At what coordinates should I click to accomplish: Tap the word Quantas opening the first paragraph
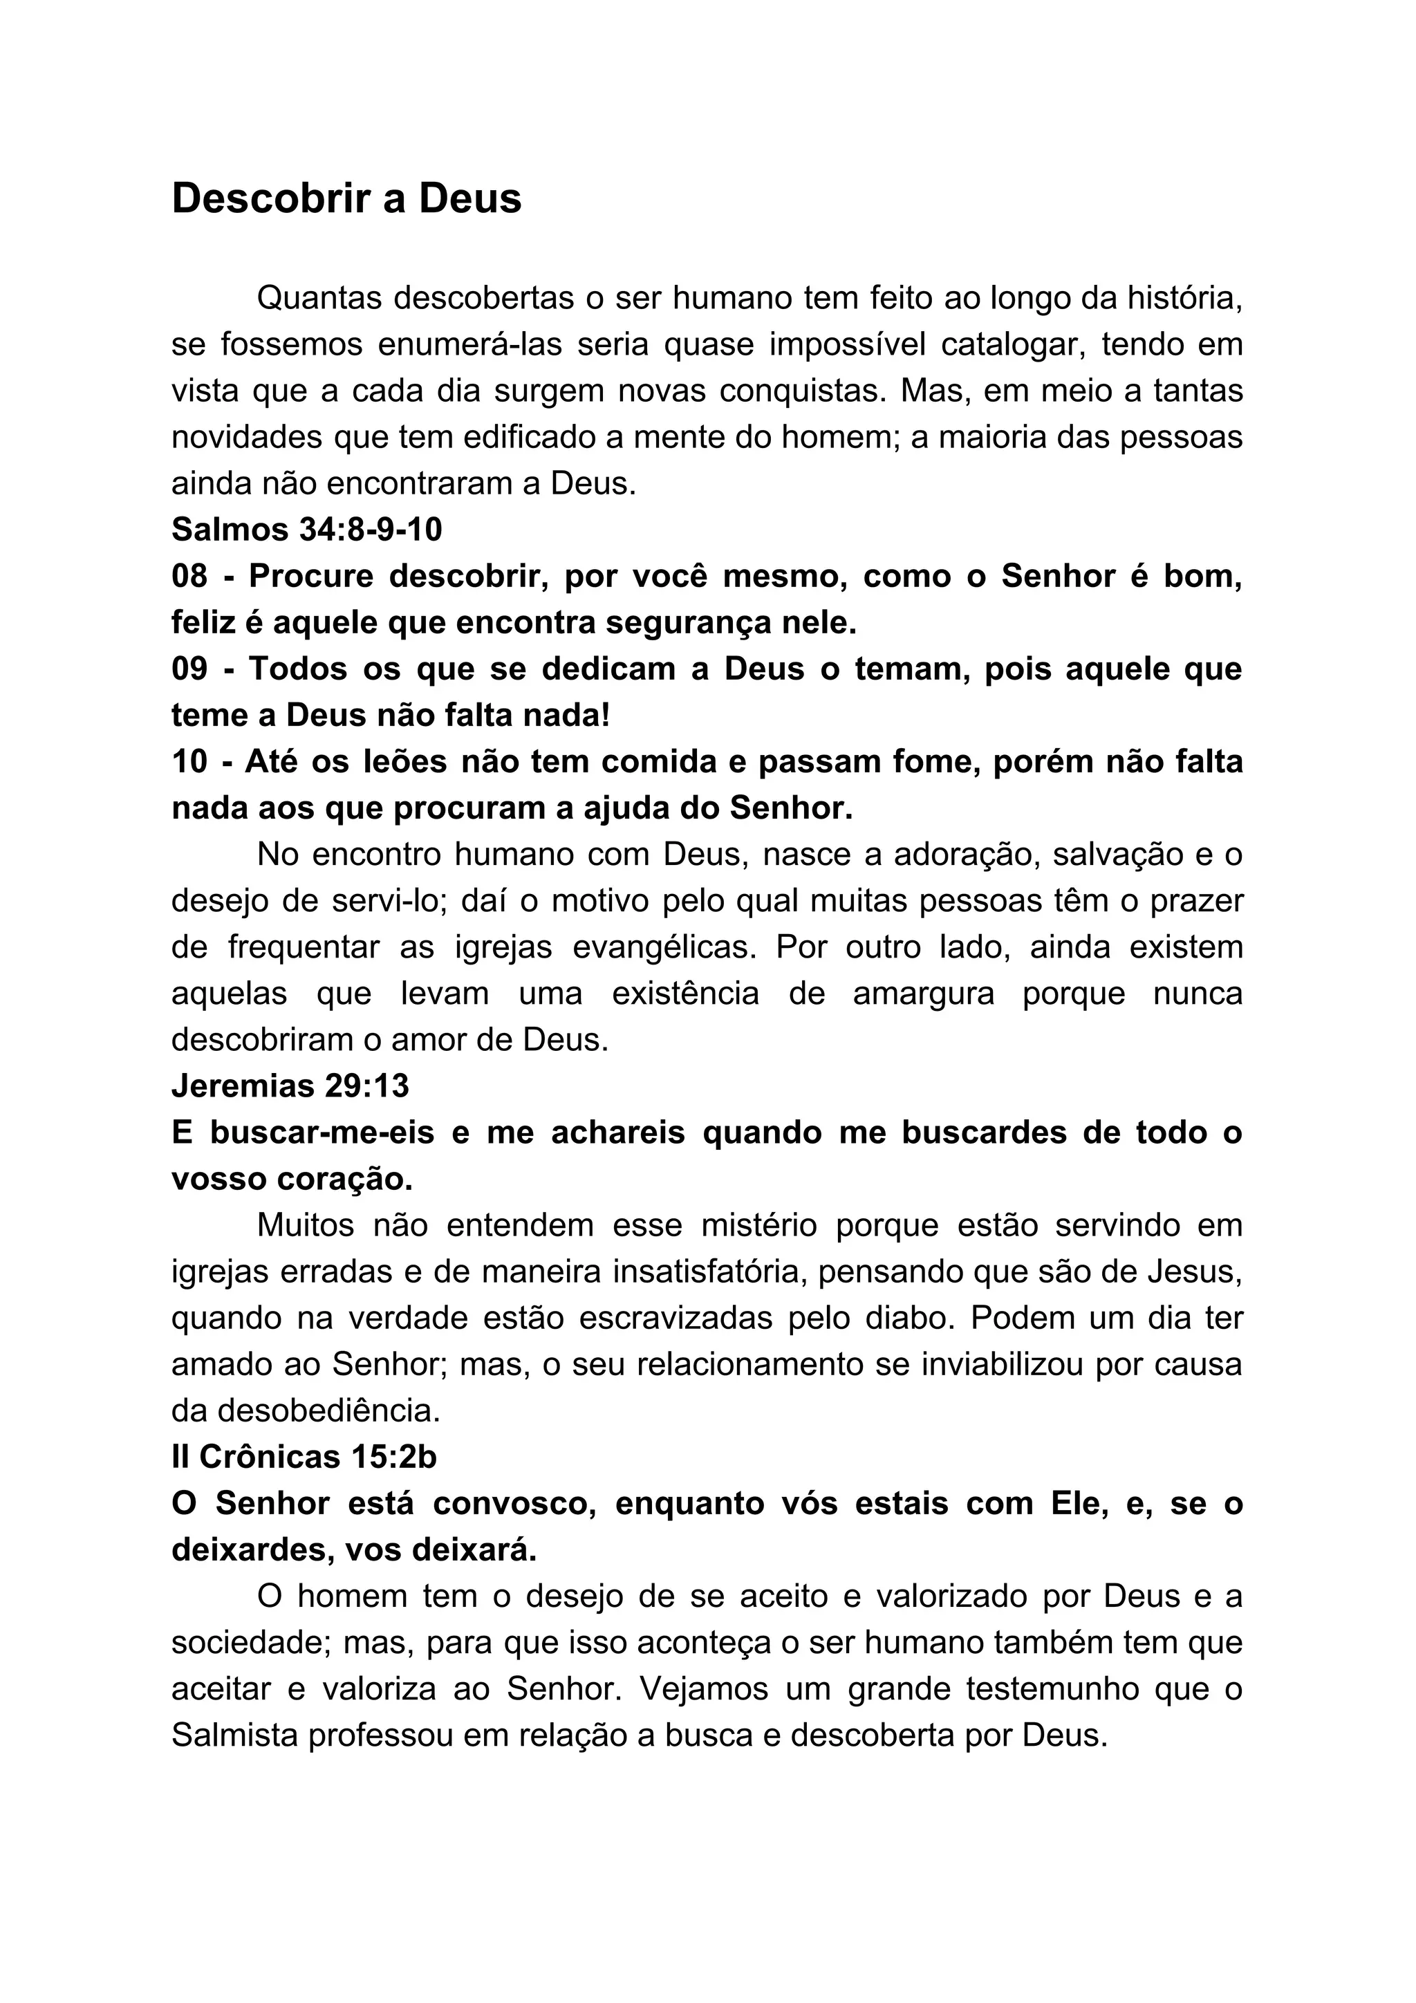click(x=319, y=299)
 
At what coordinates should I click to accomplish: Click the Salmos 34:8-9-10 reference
click(x=307, y=530)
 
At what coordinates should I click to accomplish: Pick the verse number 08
click(x=189, y=576)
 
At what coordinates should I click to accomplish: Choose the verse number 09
click(x=189, y=669)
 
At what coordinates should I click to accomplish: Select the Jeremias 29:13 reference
click(x=290, y=1086)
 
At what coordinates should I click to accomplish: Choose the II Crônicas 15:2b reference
click(x=304, y=1457)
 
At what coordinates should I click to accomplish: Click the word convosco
click(x=514, y=1503)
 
